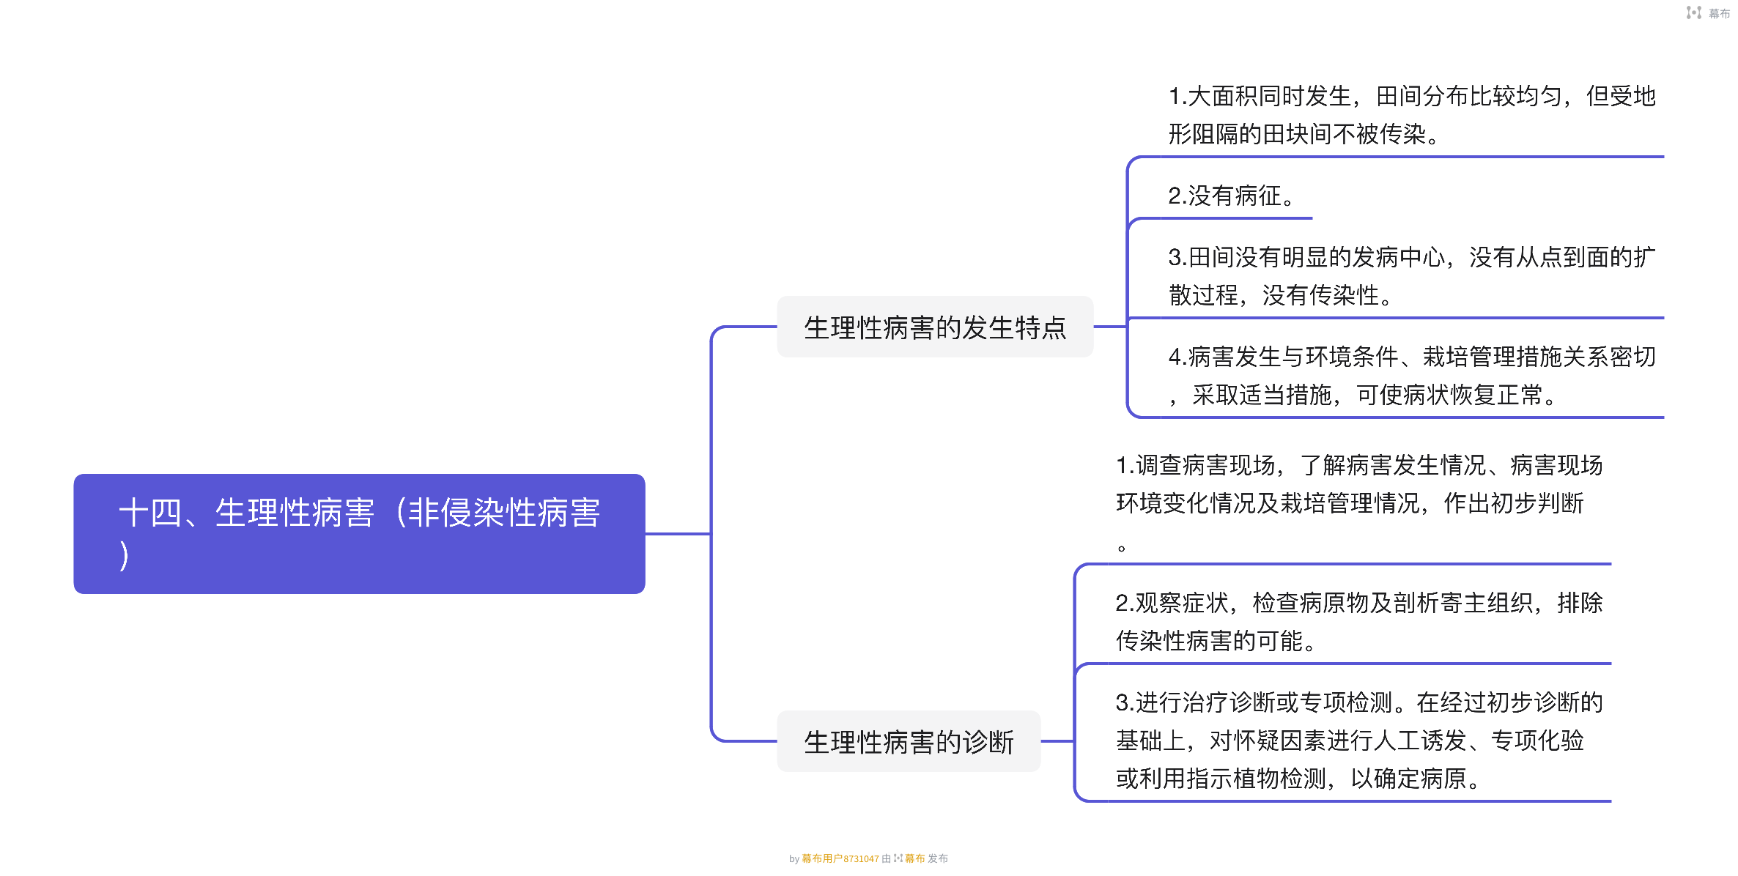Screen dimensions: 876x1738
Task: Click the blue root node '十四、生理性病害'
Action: click(359, 532)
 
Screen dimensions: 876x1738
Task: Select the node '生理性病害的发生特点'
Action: click(934, 327)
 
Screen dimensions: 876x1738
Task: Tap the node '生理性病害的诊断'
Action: click(909, 741)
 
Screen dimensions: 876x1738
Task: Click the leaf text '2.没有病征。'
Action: click(1231, 196)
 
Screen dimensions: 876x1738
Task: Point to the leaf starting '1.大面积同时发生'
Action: click(1411, 115)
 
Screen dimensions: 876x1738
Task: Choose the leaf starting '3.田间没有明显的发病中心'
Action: click(1411, 276)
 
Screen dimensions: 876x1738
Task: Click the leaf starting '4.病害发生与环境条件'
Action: click(1411, 376)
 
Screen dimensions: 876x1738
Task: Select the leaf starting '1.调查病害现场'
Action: click(1359, 484)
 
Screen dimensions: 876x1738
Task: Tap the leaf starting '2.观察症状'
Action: click(1359, 622)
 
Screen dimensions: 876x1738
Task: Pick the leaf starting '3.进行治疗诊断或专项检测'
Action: click(1359, 740)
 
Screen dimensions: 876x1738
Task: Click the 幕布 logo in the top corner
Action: click(1707, 13)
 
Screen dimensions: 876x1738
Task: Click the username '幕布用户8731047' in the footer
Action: click(840, 858)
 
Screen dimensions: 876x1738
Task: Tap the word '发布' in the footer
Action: click(938, 858)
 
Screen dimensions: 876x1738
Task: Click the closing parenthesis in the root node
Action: click(125, 555)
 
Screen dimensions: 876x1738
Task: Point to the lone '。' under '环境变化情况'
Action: click(1121, 547)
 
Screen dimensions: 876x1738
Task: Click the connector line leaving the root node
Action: click(678, 534)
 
